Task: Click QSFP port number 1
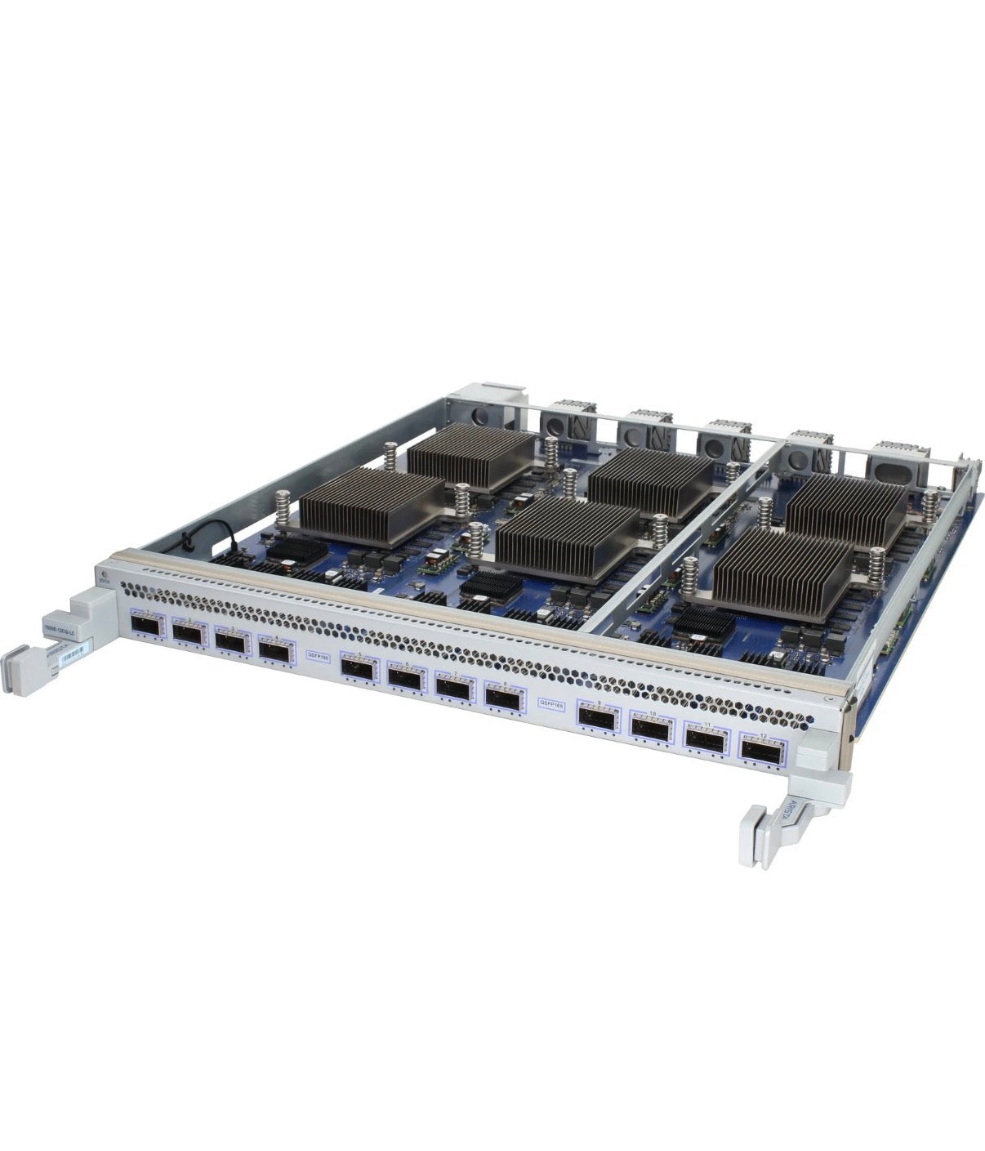(x=149, y=628)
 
